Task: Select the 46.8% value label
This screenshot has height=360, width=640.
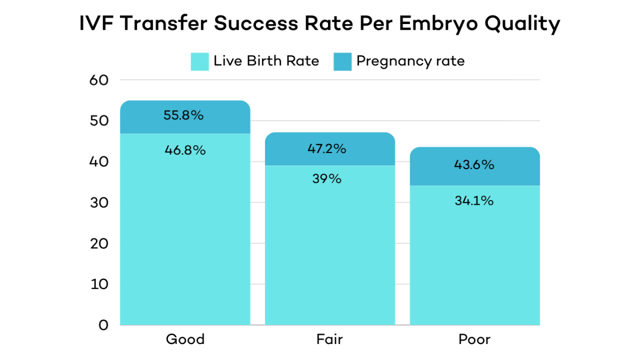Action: pos(185,150)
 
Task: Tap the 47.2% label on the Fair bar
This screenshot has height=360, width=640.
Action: pos(327,149)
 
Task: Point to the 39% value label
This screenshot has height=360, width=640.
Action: pos(327,179)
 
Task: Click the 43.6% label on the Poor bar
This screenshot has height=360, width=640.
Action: pos(475,165)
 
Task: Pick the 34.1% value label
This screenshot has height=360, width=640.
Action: pos(475,201)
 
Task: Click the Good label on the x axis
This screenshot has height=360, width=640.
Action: pos(185,340)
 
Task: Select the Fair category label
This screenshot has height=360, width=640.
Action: pos(329,340)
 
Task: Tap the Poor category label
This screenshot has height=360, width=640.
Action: pos(474,340)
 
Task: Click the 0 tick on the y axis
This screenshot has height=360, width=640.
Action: pos(102,325)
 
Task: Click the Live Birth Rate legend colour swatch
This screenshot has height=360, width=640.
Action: pos(199,61)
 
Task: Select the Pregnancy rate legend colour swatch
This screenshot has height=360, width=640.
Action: pos(342,61)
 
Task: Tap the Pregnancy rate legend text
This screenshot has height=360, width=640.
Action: pos(410,61)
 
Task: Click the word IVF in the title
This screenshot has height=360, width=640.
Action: pos(98,25)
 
